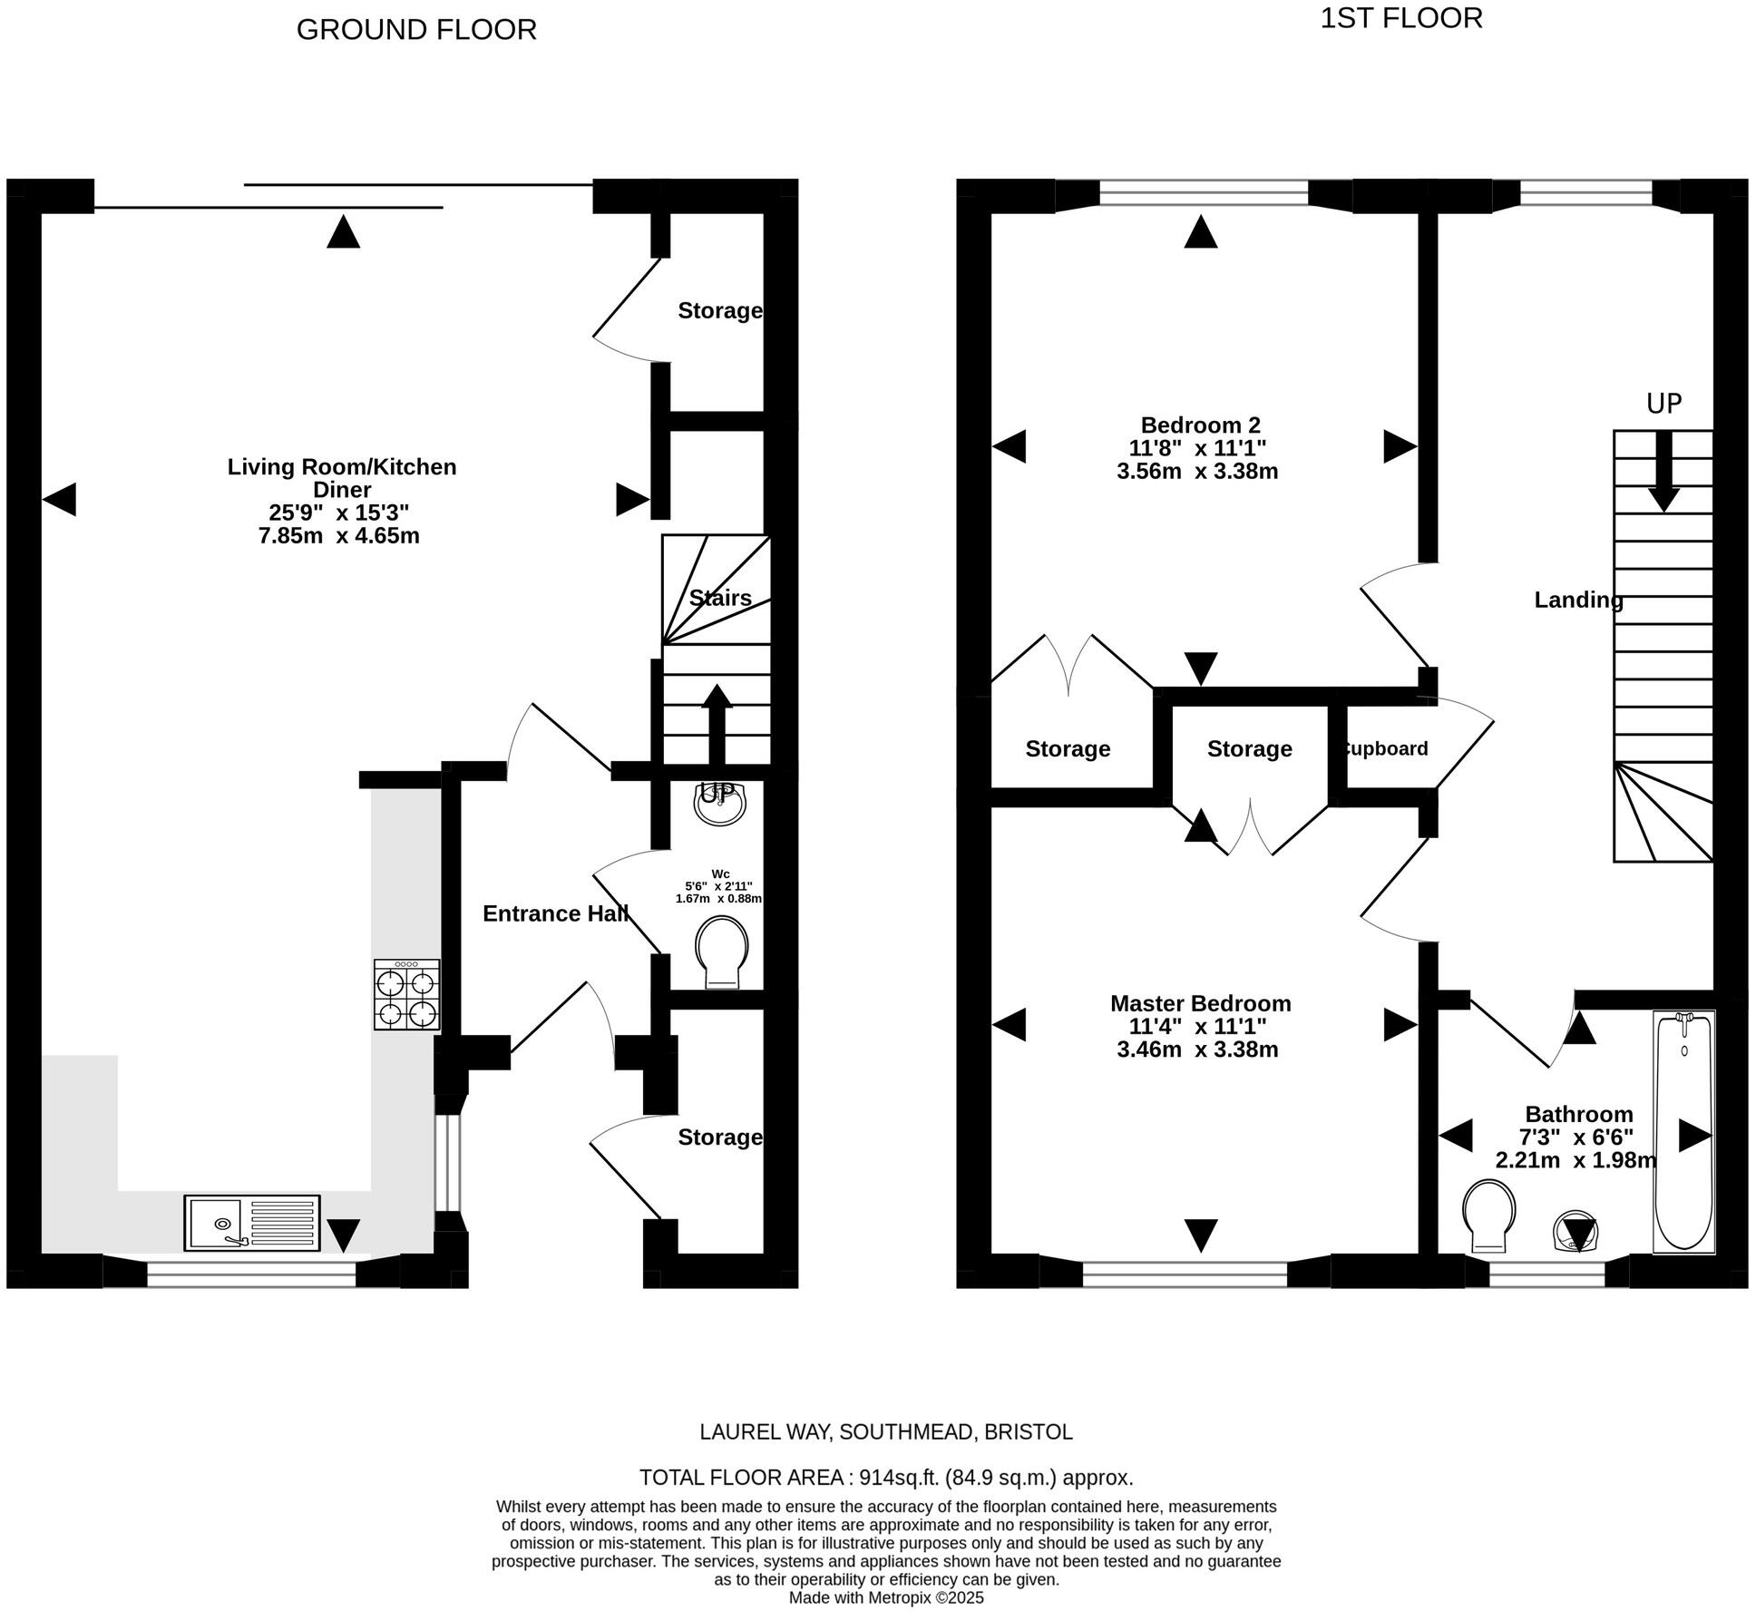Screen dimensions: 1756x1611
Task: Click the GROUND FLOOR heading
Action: click(416, 30)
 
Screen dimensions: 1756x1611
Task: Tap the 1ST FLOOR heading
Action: click(1400, 18)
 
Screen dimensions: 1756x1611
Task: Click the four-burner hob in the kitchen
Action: click(407, 995)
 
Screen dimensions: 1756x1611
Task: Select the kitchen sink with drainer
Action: click(252, 1223)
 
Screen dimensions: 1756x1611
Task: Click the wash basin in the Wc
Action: click(718, 803)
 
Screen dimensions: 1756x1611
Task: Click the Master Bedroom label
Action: click(1200, 1003)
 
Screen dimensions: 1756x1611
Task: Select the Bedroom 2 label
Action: click(1200, 425)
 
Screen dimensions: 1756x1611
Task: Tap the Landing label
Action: click(1578, 600)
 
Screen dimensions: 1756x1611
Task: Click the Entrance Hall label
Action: click(555, 913)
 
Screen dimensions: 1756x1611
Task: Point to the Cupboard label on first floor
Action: click(1385, 748)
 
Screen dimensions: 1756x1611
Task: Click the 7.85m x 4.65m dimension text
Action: click(339, 535)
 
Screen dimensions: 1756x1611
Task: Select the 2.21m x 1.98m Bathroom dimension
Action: click(1576, 1159)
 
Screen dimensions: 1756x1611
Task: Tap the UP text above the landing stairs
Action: click(1663, 404)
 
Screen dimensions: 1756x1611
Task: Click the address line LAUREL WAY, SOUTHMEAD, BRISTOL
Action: click(886, 1431)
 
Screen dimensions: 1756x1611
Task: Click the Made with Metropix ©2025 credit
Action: click(886, 1597)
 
